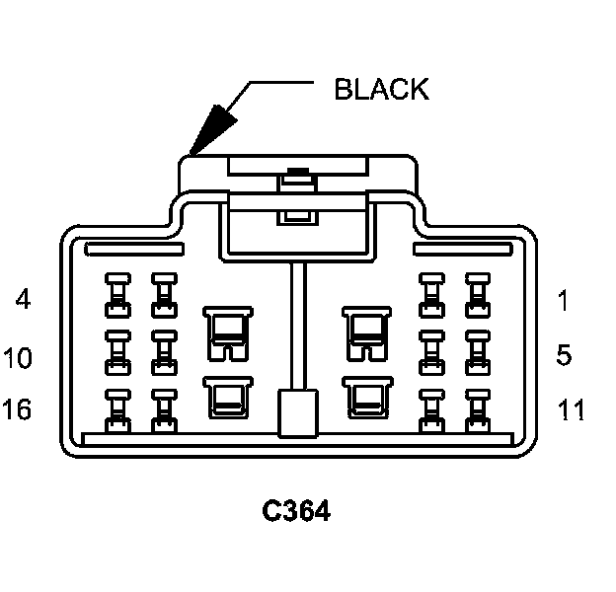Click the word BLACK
tap(381, 90)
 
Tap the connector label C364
tap(296, 511)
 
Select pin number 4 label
tap(23, 299)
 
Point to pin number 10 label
tap(18, 357)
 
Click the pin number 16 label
tap(17, 409)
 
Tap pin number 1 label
tap(564, 300)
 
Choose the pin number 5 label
tap(564, 355)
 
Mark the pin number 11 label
tap(571, 409)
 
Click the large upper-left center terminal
tap(228, 333)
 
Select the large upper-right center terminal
tap(367, 333)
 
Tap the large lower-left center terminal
tap(228, 397)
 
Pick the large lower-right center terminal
tap(367, 397)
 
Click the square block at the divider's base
tap(298, 413)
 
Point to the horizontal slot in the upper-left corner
tap(134, 250)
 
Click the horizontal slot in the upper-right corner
tap(463, 250)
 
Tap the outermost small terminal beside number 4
tap(117, 295)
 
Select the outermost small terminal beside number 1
tap(478, 295)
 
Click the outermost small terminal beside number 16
tap(117, 411)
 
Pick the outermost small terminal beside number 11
tap(478, 411)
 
